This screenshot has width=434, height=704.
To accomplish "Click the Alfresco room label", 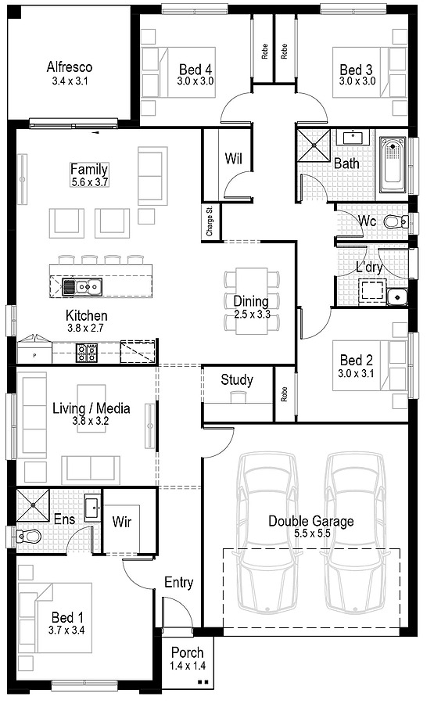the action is tap(70, 67).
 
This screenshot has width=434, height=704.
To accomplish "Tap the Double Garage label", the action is tap(311, 521).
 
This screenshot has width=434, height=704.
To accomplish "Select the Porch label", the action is tap(187, 652).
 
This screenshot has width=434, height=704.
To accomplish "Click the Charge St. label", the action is tap(209, 221).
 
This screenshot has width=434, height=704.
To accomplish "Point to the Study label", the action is tap(237, 380).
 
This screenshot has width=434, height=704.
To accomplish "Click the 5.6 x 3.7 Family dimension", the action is tap(89, 181).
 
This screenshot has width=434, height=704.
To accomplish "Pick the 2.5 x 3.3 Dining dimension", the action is tap(252, 314).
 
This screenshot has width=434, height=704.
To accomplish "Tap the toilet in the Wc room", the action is tap(397, 221).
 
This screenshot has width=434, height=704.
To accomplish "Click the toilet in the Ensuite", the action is tap(28, 536).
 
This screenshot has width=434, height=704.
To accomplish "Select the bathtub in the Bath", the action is tap(393, 165).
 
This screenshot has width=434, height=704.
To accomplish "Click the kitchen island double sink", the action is tap(81, 286).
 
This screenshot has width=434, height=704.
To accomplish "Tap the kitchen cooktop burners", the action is tap(86, 353).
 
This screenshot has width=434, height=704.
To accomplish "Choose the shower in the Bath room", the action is tap(314, 145).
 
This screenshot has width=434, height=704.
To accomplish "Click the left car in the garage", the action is tap(268, 532).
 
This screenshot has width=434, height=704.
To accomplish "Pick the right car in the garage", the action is tap(356, 532).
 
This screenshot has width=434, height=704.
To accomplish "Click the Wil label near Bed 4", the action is tap(233, 159).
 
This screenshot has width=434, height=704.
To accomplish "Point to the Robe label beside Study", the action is tap(284, 394).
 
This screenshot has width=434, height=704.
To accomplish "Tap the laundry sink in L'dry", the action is tap(396, 296).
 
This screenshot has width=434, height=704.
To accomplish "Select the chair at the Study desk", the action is tap(239, 397).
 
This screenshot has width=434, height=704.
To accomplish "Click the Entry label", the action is tap(178, 583).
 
